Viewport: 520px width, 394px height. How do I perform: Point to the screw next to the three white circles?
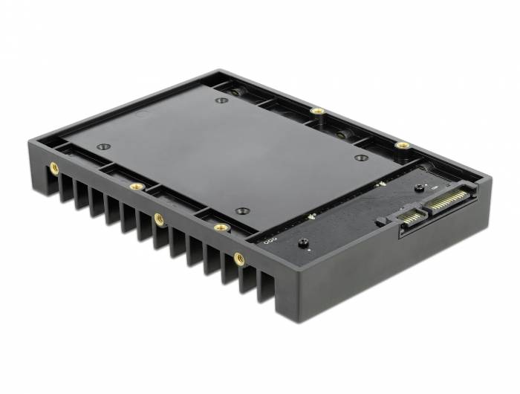[303, 243]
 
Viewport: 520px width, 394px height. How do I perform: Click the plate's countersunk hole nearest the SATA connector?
[361, 158]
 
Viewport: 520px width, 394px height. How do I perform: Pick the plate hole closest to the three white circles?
[241, 210]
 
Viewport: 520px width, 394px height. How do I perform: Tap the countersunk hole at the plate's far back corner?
[221, 100]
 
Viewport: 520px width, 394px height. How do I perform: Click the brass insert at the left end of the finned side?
[54, 169]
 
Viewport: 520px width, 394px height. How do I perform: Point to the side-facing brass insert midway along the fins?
[159, 219]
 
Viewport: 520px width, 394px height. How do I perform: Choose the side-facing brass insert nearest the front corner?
[239, 259]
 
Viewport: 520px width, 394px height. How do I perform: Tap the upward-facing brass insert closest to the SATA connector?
[402, 145]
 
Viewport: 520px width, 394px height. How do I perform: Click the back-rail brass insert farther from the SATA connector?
[317, 112]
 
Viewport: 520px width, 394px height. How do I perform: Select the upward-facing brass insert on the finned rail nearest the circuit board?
[221, 227]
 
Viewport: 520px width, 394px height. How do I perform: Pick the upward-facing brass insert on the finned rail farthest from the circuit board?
[135, 186]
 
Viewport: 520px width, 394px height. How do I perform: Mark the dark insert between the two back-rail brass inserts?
[342, 135]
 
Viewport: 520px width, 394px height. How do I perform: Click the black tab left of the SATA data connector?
[380, 221]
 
